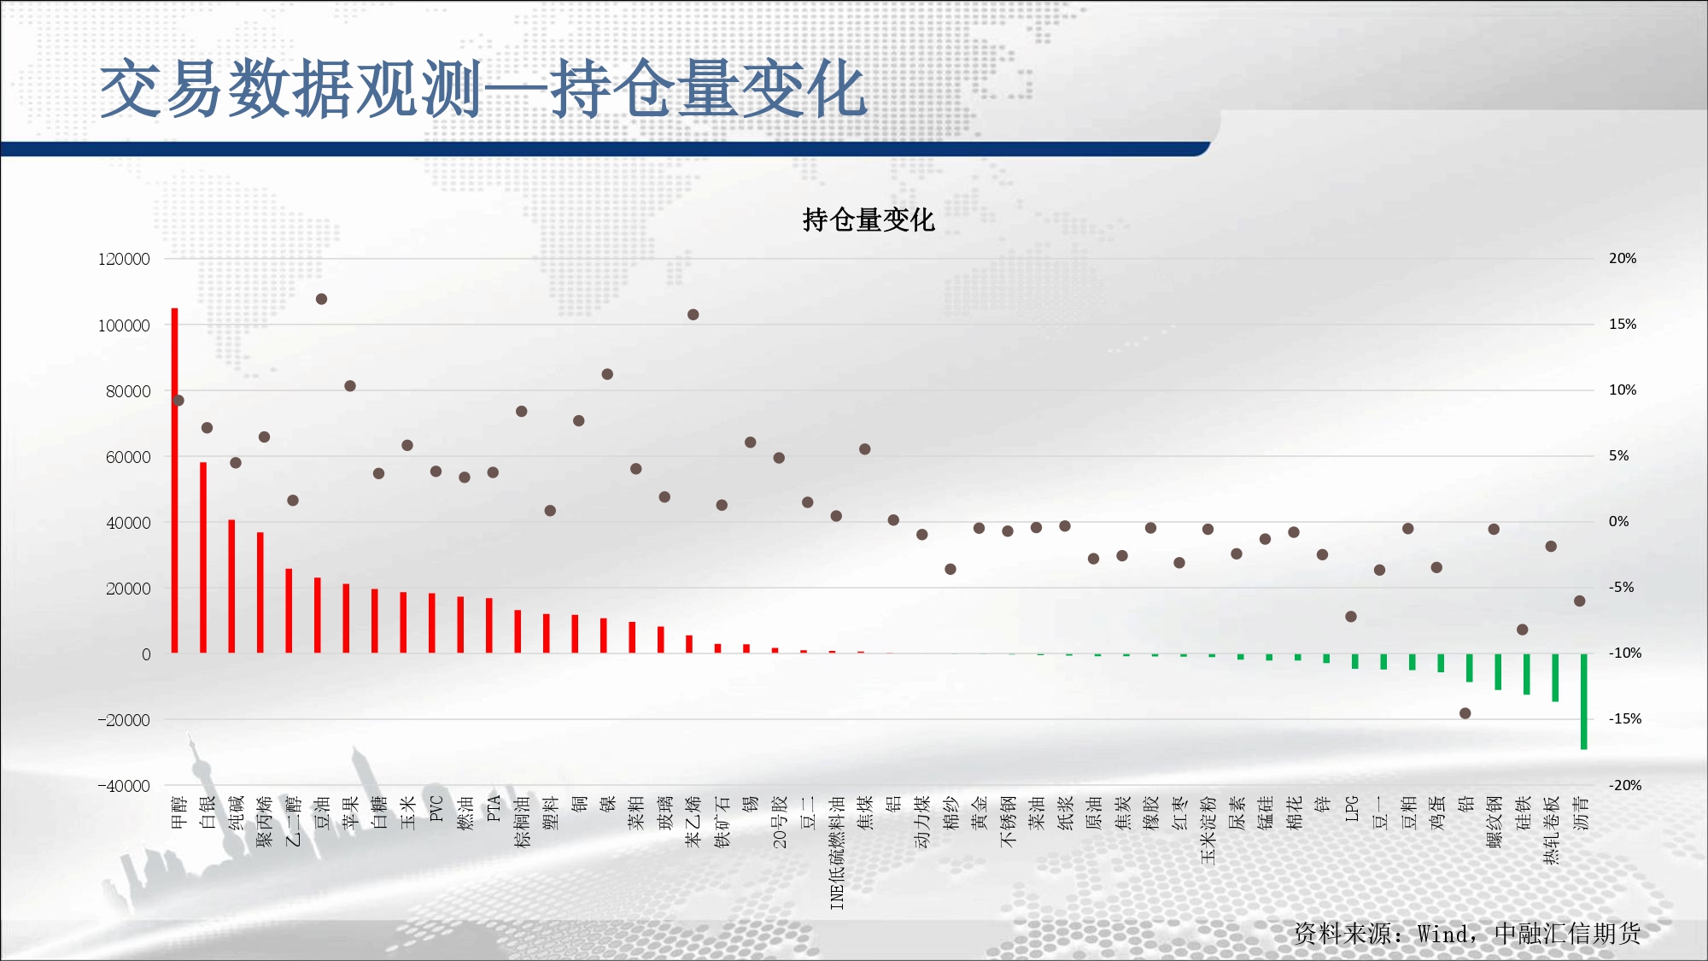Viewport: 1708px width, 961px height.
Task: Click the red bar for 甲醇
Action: point(175,481)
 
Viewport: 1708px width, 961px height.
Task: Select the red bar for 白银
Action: point(203,558)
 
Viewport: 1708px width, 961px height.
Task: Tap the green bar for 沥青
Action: point(1584,701)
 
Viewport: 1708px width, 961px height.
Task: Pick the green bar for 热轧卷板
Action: point(1555,678)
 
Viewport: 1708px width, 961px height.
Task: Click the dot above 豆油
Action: point(321,299)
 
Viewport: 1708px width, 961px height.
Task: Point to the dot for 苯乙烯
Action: point(693,314)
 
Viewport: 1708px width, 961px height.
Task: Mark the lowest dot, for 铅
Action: point(1465,713)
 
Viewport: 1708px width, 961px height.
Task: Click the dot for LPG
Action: point(1351,617)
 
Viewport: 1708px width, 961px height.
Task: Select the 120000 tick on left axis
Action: point(124,259)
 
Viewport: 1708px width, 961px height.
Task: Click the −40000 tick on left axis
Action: point(124,786)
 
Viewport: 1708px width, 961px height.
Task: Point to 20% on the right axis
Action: point(1623,258)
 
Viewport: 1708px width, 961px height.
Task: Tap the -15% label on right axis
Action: point(1625,719)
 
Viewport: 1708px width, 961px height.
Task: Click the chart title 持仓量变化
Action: point(869,220)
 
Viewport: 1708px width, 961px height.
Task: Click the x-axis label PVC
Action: point(436,809)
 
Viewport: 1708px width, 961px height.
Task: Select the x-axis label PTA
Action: point(494,809)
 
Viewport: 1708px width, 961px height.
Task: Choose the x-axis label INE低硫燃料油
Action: point(837,853)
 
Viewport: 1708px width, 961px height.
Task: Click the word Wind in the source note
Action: point(1443,934)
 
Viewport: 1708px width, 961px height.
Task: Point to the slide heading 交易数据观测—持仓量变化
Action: point(483,89)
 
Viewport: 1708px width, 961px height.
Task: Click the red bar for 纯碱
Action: point(231,587)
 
